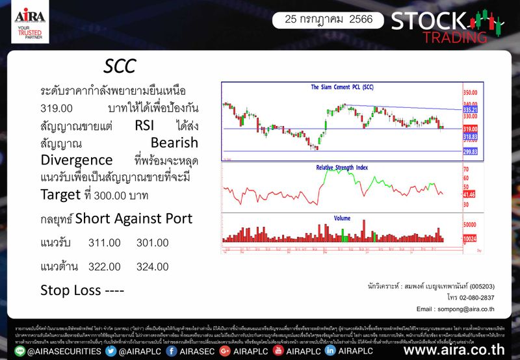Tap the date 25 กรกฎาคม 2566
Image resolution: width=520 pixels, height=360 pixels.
pos(324,19)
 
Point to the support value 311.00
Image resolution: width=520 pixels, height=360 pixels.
pos(105,242)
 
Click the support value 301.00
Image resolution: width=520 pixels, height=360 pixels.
pos(153,242)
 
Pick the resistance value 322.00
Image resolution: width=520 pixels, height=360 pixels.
pos(105,266)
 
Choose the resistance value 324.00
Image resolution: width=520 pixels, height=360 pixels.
pos(153,266)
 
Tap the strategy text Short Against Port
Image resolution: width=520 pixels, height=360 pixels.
pos(134,219)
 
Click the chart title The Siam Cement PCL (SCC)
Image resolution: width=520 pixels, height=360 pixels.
pos(341,87)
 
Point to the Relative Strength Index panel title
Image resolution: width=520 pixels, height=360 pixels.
pos(342,167)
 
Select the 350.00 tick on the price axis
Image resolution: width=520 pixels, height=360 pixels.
pos(470,93)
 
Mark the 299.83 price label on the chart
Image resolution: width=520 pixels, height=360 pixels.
pos(470,151)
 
